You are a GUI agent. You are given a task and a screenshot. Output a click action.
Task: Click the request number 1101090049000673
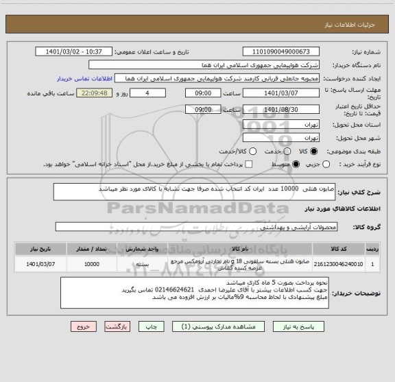click(291, 51)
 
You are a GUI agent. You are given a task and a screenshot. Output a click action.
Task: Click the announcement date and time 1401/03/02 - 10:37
click(73, 51)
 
